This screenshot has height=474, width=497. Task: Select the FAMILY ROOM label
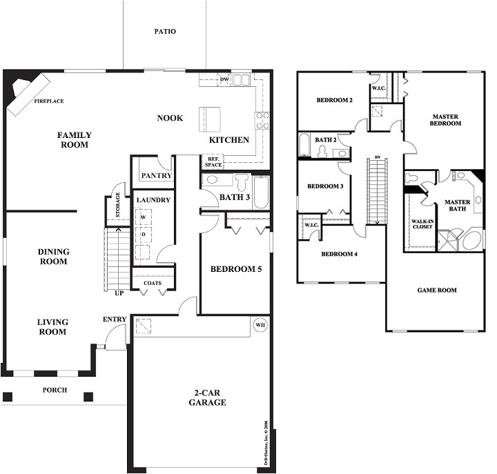click(x=74, y=140)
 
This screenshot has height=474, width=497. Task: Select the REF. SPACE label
click(x=213, y=163)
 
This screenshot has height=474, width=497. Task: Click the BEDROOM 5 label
click(x=235, y=268)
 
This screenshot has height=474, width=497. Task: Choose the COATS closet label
click(x=153, y=283)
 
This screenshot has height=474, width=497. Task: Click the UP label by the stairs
click(x=119, y=293)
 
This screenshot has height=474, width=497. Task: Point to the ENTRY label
click(x=114, y=319)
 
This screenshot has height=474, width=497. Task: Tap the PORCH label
click(x=55, y=390)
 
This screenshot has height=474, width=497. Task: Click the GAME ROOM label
click(x=437, y=290)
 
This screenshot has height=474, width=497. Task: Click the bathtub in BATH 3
click(x=261, y=192)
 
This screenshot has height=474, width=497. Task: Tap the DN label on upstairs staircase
click(x=377, y=158)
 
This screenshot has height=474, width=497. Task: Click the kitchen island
click(x=211, y=118)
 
